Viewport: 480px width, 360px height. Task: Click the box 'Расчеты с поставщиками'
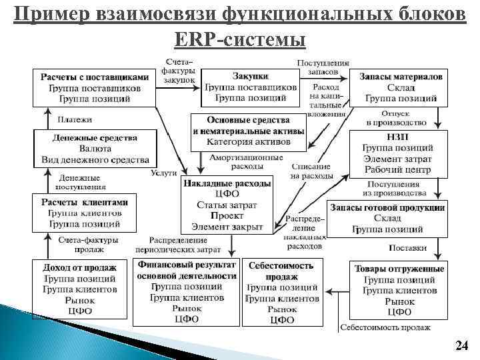[95, 87]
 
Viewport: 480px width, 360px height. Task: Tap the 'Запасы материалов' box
[401, 87]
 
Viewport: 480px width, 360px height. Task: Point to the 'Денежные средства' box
[95, 148]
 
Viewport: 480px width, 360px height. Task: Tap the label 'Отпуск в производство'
[396, 118]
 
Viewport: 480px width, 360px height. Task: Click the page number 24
[461, 345]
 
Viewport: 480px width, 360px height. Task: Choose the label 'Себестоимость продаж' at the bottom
[385, 327]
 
